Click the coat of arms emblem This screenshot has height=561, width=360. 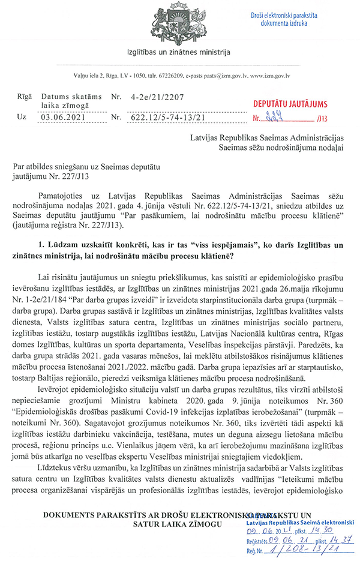tap(179, 22)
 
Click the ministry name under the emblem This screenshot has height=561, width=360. tap(179, 52)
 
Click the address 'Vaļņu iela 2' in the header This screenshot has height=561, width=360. tap(88, 76)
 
